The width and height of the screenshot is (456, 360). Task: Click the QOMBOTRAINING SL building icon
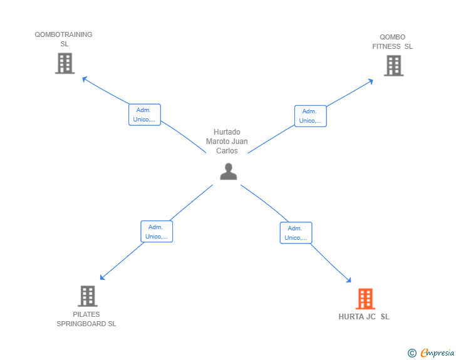coord(65,63)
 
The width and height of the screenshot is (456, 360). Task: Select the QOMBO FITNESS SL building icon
coord(393,66)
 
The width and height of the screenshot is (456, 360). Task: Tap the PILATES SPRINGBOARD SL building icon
coord(88,296)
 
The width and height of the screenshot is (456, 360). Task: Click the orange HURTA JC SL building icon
coord(365,299)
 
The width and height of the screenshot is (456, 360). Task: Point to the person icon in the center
coord(228,172)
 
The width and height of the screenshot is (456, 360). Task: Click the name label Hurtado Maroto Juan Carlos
coord(227,141)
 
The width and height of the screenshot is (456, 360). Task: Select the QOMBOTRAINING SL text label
coord(64,39)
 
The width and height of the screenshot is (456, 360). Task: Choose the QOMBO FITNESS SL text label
coord(393,42)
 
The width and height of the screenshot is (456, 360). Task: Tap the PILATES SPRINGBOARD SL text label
coord(86,319)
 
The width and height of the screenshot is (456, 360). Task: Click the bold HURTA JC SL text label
coord(364,317)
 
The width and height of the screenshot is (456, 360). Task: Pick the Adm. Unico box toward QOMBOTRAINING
coord(145,115)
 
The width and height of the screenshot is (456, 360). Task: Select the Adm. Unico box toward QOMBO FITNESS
coord(310,116)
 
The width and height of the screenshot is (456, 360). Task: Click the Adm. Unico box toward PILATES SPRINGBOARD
coord(157,232)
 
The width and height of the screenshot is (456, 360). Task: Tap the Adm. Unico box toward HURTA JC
coord(296,233)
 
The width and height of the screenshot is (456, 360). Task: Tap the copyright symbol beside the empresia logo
coord(412,353)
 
